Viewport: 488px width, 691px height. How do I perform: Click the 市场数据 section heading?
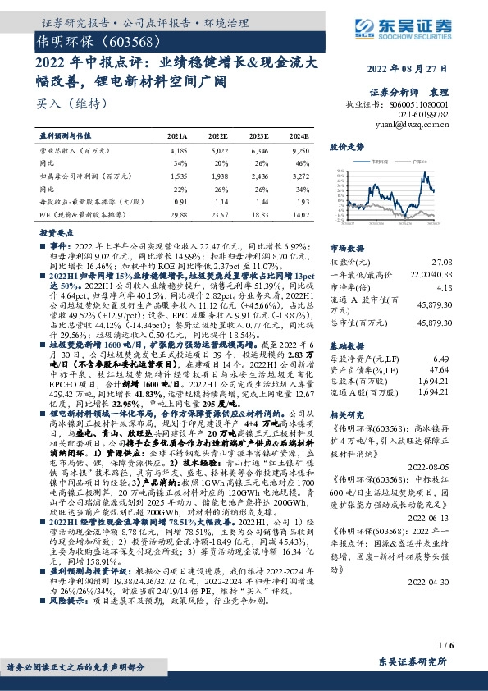point(348,246)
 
